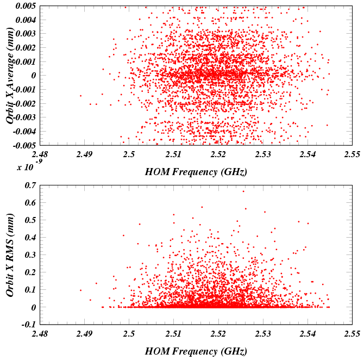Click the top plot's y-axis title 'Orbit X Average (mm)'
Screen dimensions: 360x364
[x=10, y=76]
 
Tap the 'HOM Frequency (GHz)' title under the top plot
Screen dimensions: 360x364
[x=196, y=172]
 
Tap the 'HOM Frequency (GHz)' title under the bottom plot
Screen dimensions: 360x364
[x=196, y=351]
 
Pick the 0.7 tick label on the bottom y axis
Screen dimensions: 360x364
[x=29, y=185]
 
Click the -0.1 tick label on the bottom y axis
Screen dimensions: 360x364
[x=28, y=325]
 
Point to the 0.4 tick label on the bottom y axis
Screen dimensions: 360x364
[x=29, y=238]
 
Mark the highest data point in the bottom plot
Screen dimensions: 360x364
[x=243, y=191]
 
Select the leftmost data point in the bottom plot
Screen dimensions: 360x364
[x=80, y=290]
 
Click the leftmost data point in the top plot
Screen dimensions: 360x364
[x=80, y=96]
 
